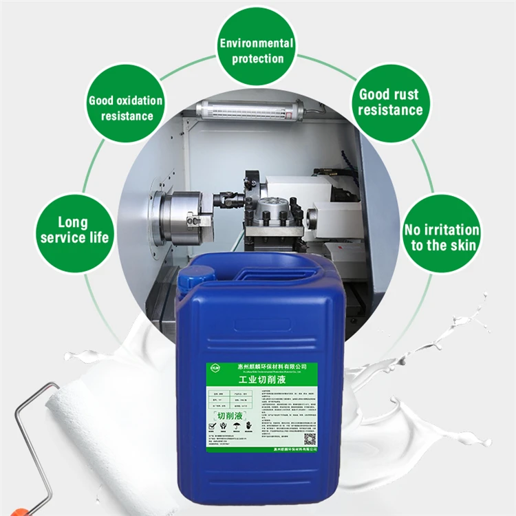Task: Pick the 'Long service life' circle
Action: click(74, 230)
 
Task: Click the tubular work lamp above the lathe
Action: click(250, 108)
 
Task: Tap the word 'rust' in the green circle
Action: click(404, 94)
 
